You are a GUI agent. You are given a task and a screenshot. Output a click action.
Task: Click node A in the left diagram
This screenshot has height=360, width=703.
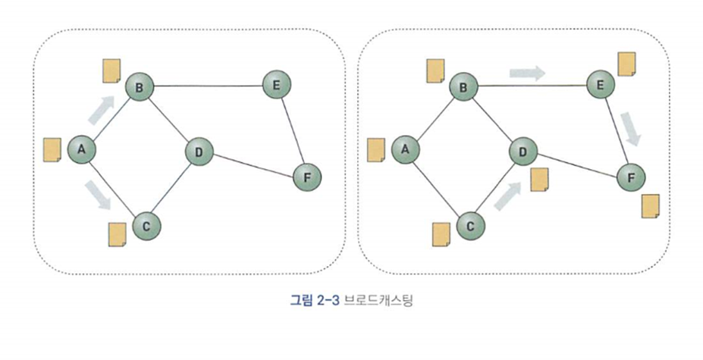81,149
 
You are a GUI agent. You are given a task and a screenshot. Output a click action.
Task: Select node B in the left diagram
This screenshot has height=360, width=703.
139,88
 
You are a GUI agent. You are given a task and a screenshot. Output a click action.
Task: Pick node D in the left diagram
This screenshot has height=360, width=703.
199,152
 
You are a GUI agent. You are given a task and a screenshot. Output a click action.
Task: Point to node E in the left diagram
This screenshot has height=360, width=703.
276,85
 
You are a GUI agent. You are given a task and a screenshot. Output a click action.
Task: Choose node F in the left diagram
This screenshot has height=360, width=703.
307,177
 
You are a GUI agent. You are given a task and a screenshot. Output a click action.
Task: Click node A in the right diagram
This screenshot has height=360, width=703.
406,149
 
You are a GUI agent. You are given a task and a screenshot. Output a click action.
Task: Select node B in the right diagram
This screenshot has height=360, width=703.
463,88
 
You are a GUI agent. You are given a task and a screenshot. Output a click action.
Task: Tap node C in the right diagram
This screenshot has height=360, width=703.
471,226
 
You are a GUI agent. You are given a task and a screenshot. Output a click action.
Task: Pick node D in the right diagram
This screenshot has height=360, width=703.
523,152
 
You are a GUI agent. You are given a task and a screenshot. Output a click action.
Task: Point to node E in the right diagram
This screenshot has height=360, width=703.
600,86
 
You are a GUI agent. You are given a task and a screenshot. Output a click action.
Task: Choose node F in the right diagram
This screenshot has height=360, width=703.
631,177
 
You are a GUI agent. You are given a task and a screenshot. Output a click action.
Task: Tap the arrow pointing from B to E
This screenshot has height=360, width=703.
527,74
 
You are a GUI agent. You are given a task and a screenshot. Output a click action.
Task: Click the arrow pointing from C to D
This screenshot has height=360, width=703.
507,194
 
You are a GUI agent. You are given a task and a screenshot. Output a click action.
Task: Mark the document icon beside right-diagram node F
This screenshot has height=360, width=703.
650,207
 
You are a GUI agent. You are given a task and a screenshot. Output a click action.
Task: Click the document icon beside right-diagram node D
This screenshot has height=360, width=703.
540,180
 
